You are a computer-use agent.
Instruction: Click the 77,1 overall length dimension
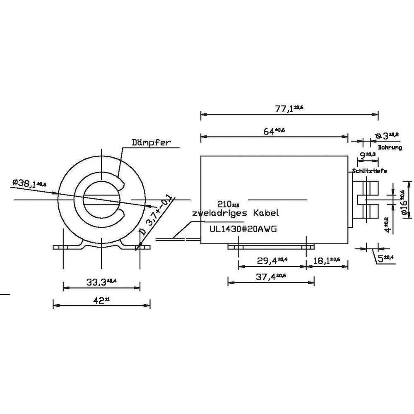click(289, 108)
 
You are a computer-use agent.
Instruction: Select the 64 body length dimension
click(274, 131)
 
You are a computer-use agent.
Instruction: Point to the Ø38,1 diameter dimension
click(29, 183)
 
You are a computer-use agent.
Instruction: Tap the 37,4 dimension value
click(271, 277)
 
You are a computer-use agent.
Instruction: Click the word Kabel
click(265, 214)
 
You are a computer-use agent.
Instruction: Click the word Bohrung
click(390, 147)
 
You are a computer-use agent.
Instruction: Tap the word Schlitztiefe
click(370, 171)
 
